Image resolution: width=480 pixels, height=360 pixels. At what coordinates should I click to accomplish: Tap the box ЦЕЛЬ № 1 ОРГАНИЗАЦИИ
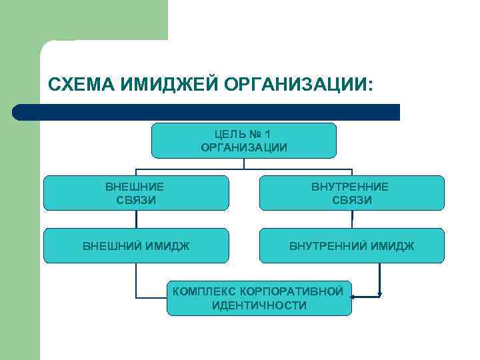click(244, 140)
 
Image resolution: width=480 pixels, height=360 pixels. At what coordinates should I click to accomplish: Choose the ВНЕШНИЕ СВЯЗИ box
click(135, 193)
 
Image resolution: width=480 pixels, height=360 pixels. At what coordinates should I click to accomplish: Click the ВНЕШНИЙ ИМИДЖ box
click(135, 246)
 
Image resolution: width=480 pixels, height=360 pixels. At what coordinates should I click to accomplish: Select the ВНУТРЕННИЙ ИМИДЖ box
click(351, 246)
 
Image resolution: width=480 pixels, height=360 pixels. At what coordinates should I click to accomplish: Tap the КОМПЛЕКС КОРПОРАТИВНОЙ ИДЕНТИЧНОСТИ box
click(259, 298)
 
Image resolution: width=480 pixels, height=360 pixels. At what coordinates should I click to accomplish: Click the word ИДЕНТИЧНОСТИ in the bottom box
click(259, 305)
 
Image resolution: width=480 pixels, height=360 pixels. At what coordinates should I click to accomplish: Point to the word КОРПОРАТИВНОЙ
click(301, 291)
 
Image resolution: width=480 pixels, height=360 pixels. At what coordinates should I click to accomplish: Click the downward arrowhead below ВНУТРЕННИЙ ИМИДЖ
click(380, 291)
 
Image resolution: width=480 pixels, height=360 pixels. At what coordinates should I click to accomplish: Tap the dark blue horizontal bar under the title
click(207, 112)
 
